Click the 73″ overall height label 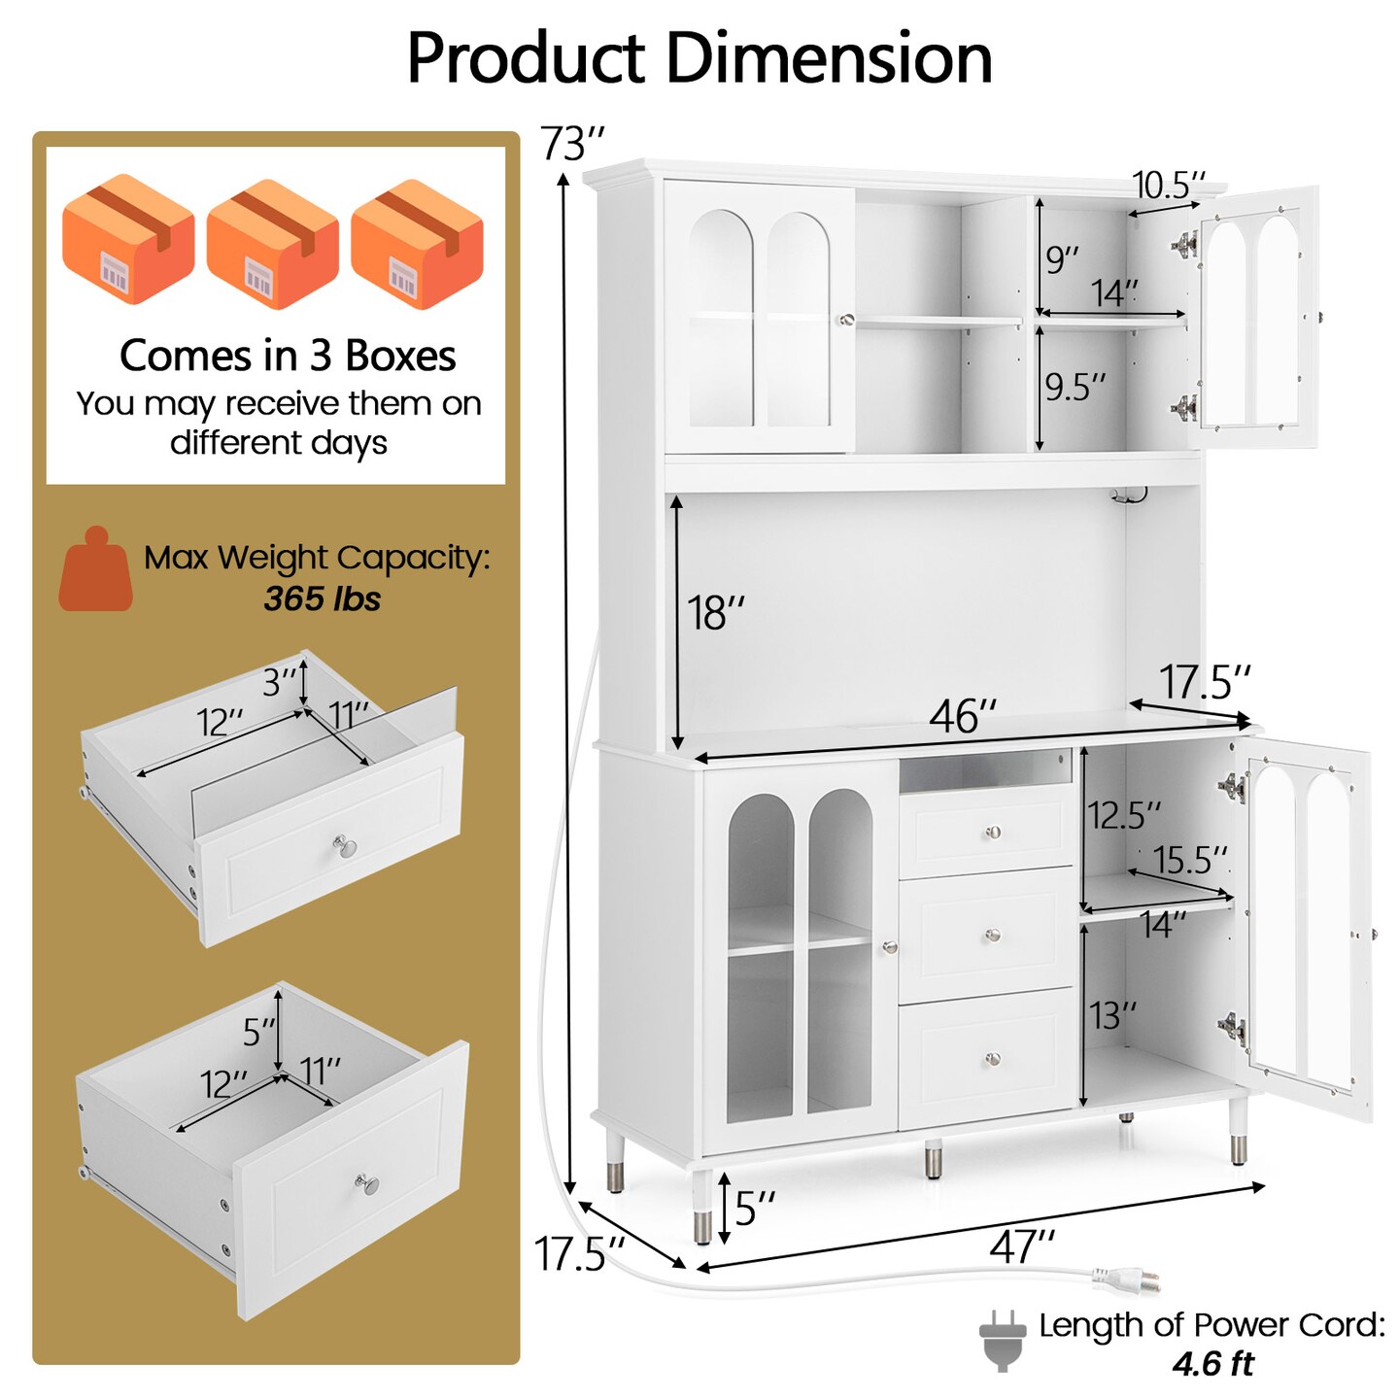pos(572,145)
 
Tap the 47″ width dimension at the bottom pos(1021,1246)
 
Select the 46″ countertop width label pos(962,717)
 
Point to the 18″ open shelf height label pos(715,613)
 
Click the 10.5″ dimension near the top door pos(1168,185)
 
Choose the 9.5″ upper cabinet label pos(1075,387)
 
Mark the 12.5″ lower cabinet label pos(1124,815)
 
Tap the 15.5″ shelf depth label pos(1189,860)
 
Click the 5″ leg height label pos(754,1209)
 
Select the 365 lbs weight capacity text pos(322,598)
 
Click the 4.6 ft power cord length pos(1212,1364)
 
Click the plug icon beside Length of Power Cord pos(1003,1340)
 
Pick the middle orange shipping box pos(272,244)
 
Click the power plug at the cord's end pos(1127,1280)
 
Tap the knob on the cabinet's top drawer pos(992,832)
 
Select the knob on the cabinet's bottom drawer pos(992,1058)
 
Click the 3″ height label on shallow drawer pos(279,684)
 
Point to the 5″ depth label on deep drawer pos(258,1032)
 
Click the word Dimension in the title pos(831,58)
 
